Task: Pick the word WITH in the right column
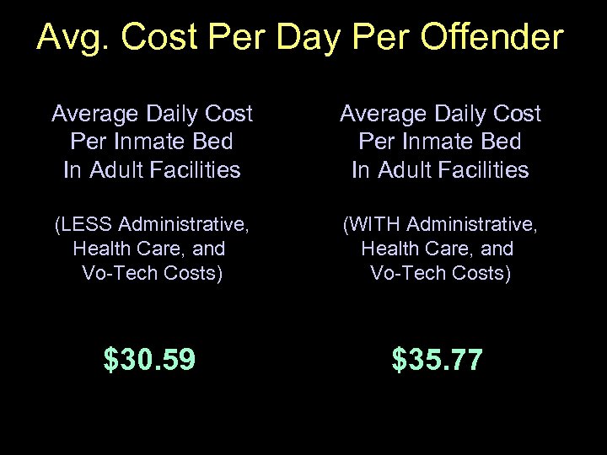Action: (374, 225)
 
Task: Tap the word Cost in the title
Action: (155, 37)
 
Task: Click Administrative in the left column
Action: (184, 225)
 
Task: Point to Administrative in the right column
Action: (472, 225)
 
